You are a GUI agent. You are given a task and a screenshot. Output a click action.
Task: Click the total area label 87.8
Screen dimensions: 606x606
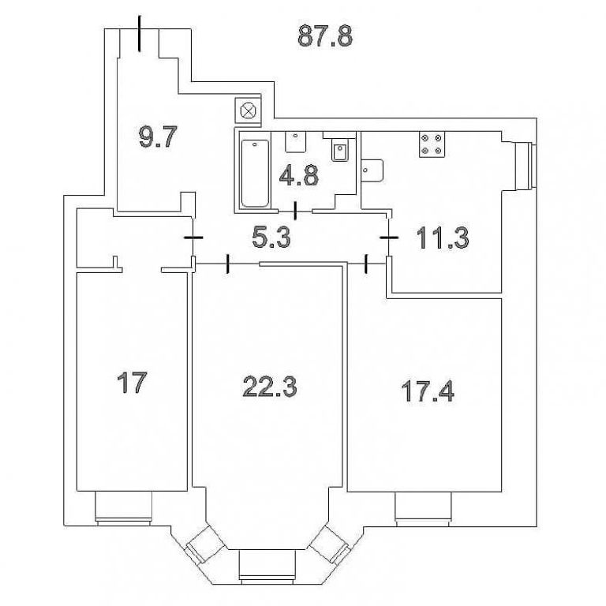click(x=325, y=36)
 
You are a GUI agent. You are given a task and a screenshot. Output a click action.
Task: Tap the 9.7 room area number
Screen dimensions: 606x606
click(x=158, y=137)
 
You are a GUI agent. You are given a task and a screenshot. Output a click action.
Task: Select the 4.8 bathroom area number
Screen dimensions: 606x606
click(x=299, y=175)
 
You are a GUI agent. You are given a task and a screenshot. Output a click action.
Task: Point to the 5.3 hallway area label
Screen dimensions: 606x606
click(x=271, y=237)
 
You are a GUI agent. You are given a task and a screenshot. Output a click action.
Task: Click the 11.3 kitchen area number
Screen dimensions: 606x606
click(x=443, y=238)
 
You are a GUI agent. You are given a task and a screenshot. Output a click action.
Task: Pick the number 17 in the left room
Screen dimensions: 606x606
click(x=132, y=382)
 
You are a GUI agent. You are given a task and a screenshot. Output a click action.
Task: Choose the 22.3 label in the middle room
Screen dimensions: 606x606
click(x=270, y=387)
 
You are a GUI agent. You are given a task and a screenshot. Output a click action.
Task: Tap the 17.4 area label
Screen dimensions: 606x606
click(x=428, y=391)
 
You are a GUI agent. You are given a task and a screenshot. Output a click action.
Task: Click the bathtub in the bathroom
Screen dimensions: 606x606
click(x=255, y=174)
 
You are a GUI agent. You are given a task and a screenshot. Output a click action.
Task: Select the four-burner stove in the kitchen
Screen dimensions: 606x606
click(x=432, y=144)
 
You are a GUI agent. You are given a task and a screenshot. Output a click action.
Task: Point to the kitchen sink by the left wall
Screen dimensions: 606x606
click(x=372, y=170)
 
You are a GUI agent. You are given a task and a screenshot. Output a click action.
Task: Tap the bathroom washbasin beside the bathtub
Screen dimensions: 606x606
click(x=296, y=141)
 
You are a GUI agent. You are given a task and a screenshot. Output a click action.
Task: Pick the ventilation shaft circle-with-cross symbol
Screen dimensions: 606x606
click(x=247, y=111)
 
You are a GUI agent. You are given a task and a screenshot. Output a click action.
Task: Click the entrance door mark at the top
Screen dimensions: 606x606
click(x=140, y=33)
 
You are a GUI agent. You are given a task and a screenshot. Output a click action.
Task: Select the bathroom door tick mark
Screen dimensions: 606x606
click(x=296, y=211)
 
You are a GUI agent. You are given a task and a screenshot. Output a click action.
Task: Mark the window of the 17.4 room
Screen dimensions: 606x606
click(x=423, y=509)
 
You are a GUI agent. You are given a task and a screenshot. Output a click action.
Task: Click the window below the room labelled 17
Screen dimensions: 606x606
click(x=123, y=508)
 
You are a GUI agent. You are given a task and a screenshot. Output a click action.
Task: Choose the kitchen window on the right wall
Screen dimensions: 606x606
click(x=527, y=166)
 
